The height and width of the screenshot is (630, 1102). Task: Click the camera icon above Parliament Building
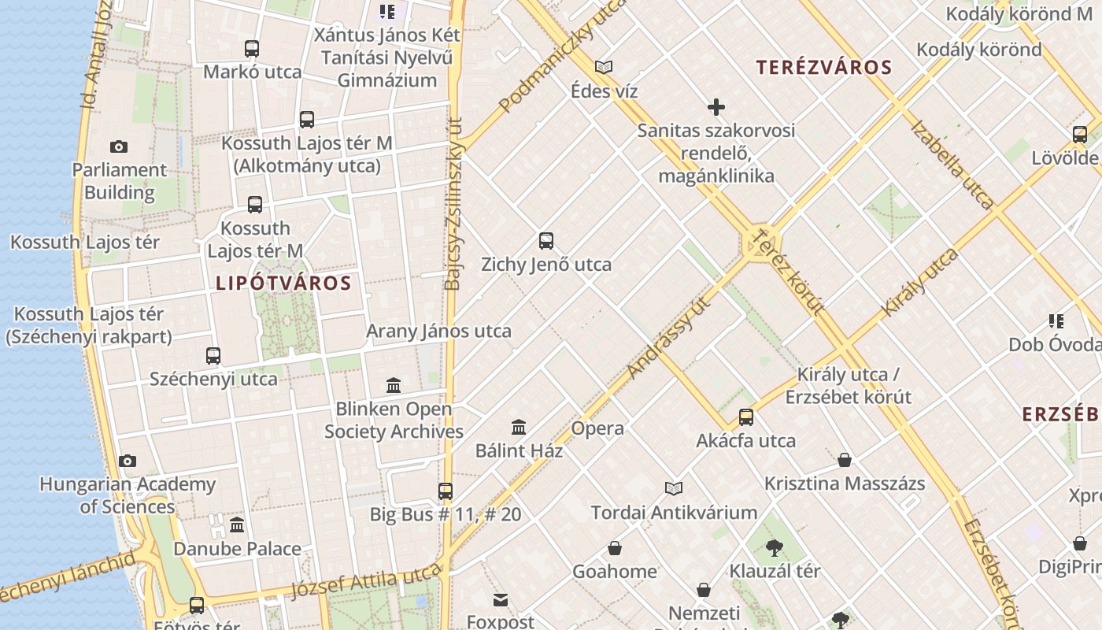click(119, 146)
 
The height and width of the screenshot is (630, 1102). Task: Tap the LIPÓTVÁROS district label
click(283, 283)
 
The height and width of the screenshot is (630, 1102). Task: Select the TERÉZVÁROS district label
click(824, 68)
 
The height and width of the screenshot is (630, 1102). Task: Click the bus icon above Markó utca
click(252, 49)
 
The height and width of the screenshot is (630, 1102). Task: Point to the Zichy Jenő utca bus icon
click(546, 241)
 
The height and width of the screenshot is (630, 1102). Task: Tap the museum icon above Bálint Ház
click(519, 427)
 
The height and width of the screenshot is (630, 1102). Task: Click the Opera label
click(597, 428)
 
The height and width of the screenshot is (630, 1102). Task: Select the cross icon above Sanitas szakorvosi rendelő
click(716, 107)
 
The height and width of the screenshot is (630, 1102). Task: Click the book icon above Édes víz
click(604, 68)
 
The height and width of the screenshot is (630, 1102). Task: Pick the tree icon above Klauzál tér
click(775, 547)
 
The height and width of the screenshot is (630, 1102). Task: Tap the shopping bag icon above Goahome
click(615, 548)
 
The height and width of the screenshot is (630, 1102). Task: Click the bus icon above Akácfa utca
click(746, 417)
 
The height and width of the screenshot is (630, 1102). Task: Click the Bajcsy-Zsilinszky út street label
click(453, 205)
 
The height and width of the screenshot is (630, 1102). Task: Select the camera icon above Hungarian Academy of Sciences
click(128, 461)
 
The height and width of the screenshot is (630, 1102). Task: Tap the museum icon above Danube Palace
click(237, 525)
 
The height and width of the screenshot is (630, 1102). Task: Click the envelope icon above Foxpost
click(501, 600)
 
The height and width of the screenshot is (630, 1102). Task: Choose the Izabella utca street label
click(952, 165)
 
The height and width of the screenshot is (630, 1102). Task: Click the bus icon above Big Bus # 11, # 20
click(446, 491)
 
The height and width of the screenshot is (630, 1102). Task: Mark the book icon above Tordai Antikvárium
click(674, 488)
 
